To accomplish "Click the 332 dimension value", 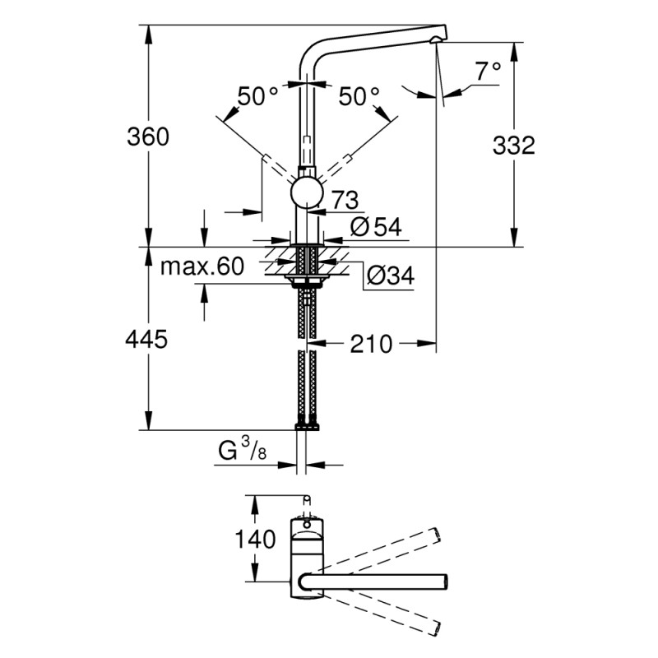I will pyautogui.click(x=514, y=146).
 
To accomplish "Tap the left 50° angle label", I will pyautogui.click(x=258, y=97).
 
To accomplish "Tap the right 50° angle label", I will pyautogui.click(x=359, y=97).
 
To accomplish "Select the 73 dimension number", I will pyautogui.click(x=345, y=198).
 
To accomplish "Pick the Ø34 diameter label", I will pyautogui.click(x=388, y=276).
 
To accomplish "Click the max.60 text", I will pyautogui.click(x=202, y=266).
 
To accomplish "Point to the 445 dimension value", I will pyautogui.click(x=148, y=338).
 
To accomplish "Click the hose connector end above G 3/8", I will pyautogui.click(x=307, y=425).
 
